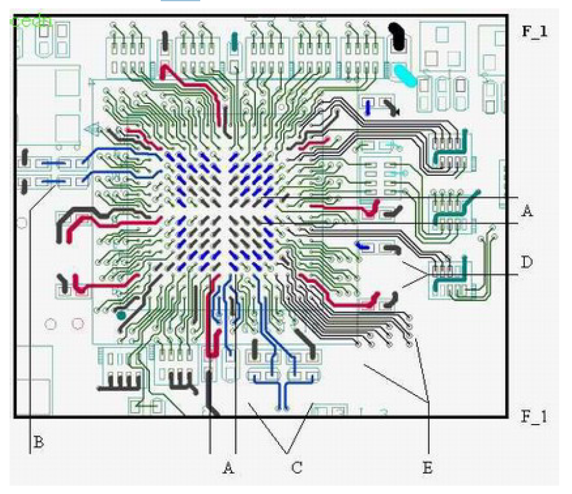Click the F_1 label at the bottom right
(x=534, y=417)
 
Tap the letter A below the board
(x=228, y=469)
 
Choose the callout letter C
(x=297, y=469)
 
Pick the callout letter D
(x=527, y=261)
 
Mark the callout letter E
(x=428, y=469)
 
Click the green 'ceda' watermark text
(x=29, y=20)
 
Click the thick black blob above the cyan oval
(x=398, y=38)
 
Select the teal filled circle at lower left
(x=121, y=315)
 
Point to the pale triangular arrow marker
(x=93, y=130)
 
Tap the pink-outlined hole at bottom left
(x=77, y=324)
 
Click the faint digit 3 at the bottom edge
(x=384, y=413)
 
